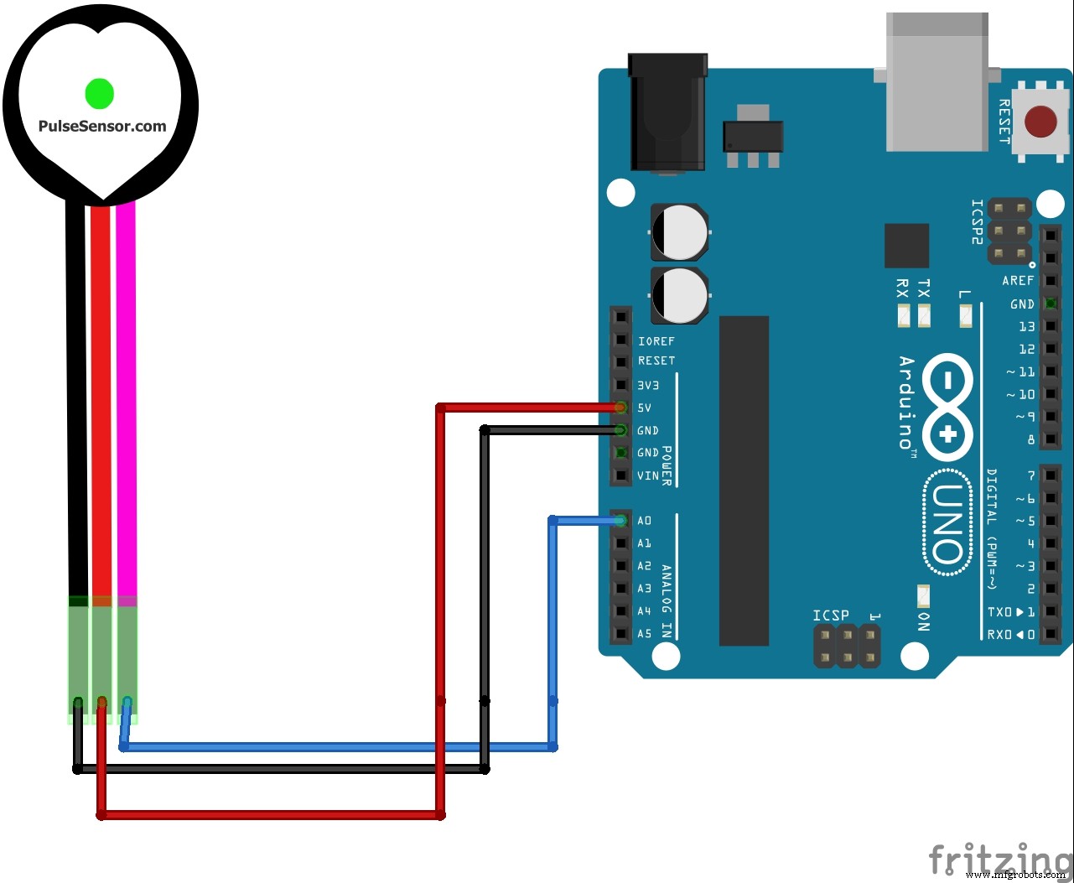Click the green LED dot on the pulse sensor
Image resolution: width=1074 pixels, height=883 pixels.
[99, 93]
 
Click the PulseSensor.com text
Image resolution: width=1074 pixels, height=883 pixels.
[102, 127]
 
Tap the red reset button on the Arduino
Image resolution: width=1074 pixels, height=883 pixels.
[1040, 122]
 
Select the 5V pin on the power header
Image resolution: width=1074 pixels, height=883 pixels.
[620, 408]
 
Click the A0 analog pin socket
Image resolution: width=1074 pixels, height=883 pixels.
[620, 521]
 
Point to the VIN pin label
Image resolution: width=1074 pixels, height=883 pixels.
[648, 475]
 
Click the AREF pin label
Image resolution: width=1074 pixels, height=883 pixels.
[1018, 281]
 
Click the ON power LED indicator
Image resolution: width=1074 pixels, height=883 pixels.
[924, 596]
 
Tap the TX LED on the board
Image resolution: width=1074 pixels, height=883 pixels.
[924, 316]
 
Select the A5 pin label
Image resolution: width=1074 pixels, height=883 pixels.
[644, 634]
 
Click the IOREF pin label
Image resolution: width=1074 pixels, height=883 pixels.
[656, 341]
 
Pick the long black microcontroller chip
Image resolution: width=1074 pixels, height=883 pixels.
[744, 480]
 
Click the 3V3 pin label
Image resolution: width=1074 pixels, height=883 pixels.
[649, 385]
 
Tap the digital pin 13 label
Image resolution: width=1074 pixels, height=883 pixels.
[1026, 326]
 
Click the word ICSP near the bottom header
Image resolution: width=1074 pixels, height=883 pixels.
[830, 616]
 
